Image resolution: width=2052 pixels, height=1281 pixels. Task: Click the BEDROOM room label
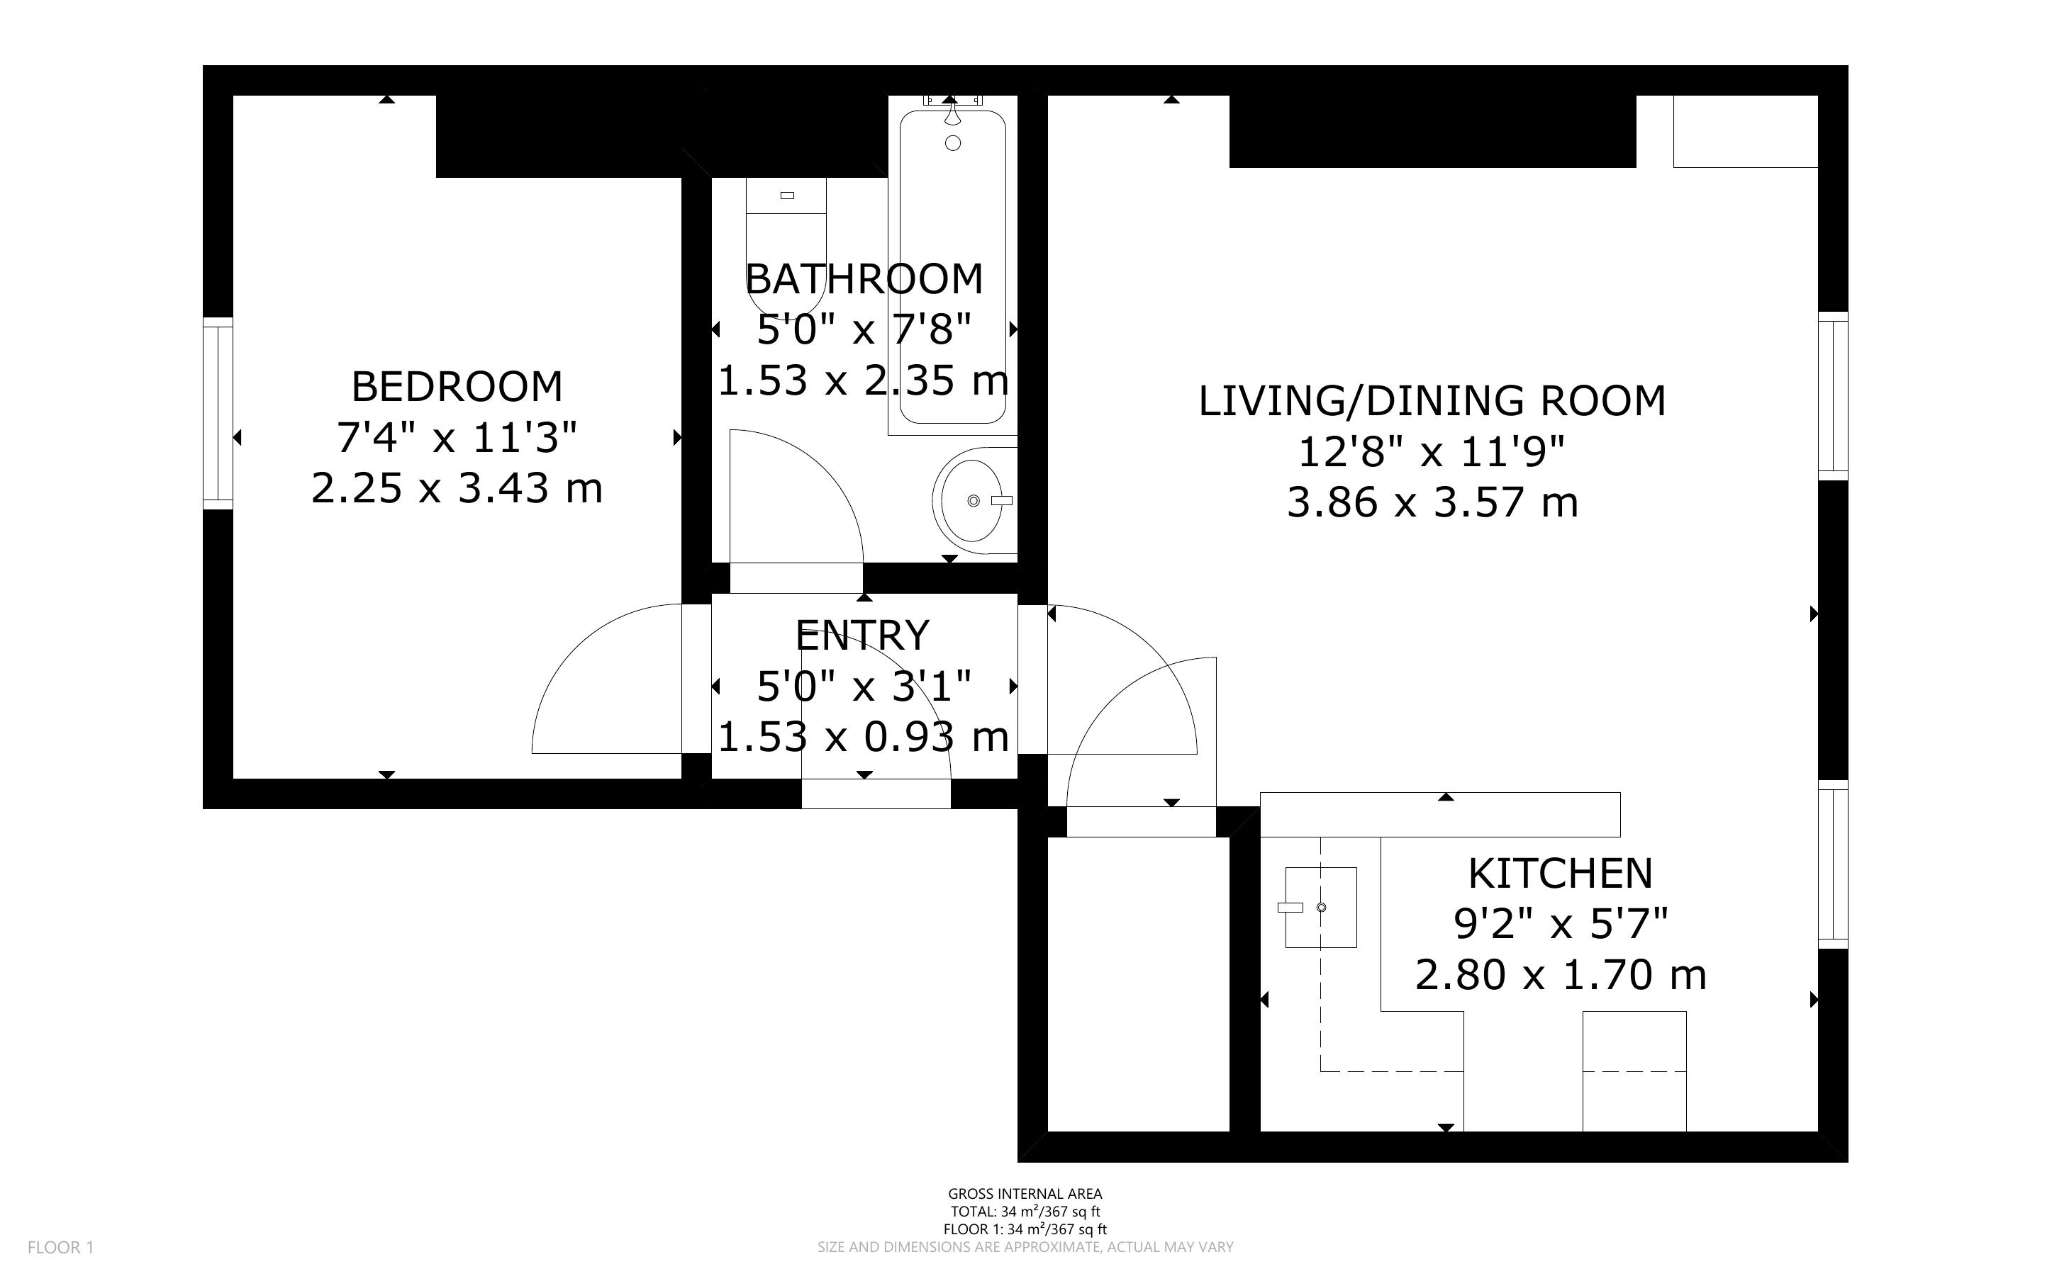pyautogui.click(x=457, y=387)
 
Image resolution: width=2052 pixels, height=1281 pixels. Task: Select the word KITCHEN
pyautogui.click(x=1561, y=874)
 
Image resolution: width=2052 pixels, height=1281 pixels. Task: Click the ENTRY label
pyautogui.click(x=863, y=636)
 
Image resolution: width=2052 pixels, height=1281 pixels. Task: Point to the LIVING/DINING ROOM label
pyautogui.click(x=1432, y=401)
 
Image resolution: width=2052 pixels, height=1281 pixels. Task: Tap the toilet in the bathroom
pyautogui.click(x=786, y=246)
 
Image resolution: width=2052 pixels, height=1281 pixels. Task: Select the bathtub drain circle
pyautogui.click(x=953, y=143)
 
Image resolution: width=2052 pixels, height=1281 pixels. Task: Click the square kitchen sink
pyautogui.click(x=1320, y=908)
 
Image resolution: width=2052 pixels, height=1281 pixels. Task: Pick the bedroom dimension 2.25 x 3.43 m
pyautogui.click(x=457, y=489)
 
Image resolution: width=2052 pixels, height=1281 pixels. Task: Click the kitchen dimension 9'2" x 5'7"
pyautogui.click(x=1561, y=923)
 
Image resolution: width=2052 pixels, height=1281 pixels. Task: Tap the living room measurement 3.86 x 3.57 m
pyautogui.click(x=1432, y=502)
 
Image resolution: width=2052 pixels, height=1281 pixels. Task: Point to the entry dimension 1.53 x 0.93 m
pyautogui.click(x=863, y=737)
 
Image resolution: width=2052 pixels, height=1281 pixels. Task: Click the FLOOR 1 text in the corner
pyautogui.click(x=61, y=1247)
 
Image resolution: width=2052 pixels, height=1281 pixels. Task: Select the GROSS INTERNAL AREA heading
pyautogui.click(x=1025, y=1195)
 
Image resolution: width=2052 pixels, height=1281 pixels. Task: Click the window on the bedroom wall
pyautogui.click(x=218, y=414)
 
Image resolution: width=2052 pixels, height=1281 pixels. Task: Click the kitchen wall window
pyautogui.click(x=1832, y=864)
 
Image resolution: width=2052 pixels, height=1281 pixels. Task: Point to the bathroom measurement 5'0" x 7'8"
pyautogui.click(x=864, y=329)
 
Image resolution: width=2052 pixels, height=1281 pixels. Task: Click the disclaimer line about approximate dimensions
pyautogui.click(x=1025, y=1247)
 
